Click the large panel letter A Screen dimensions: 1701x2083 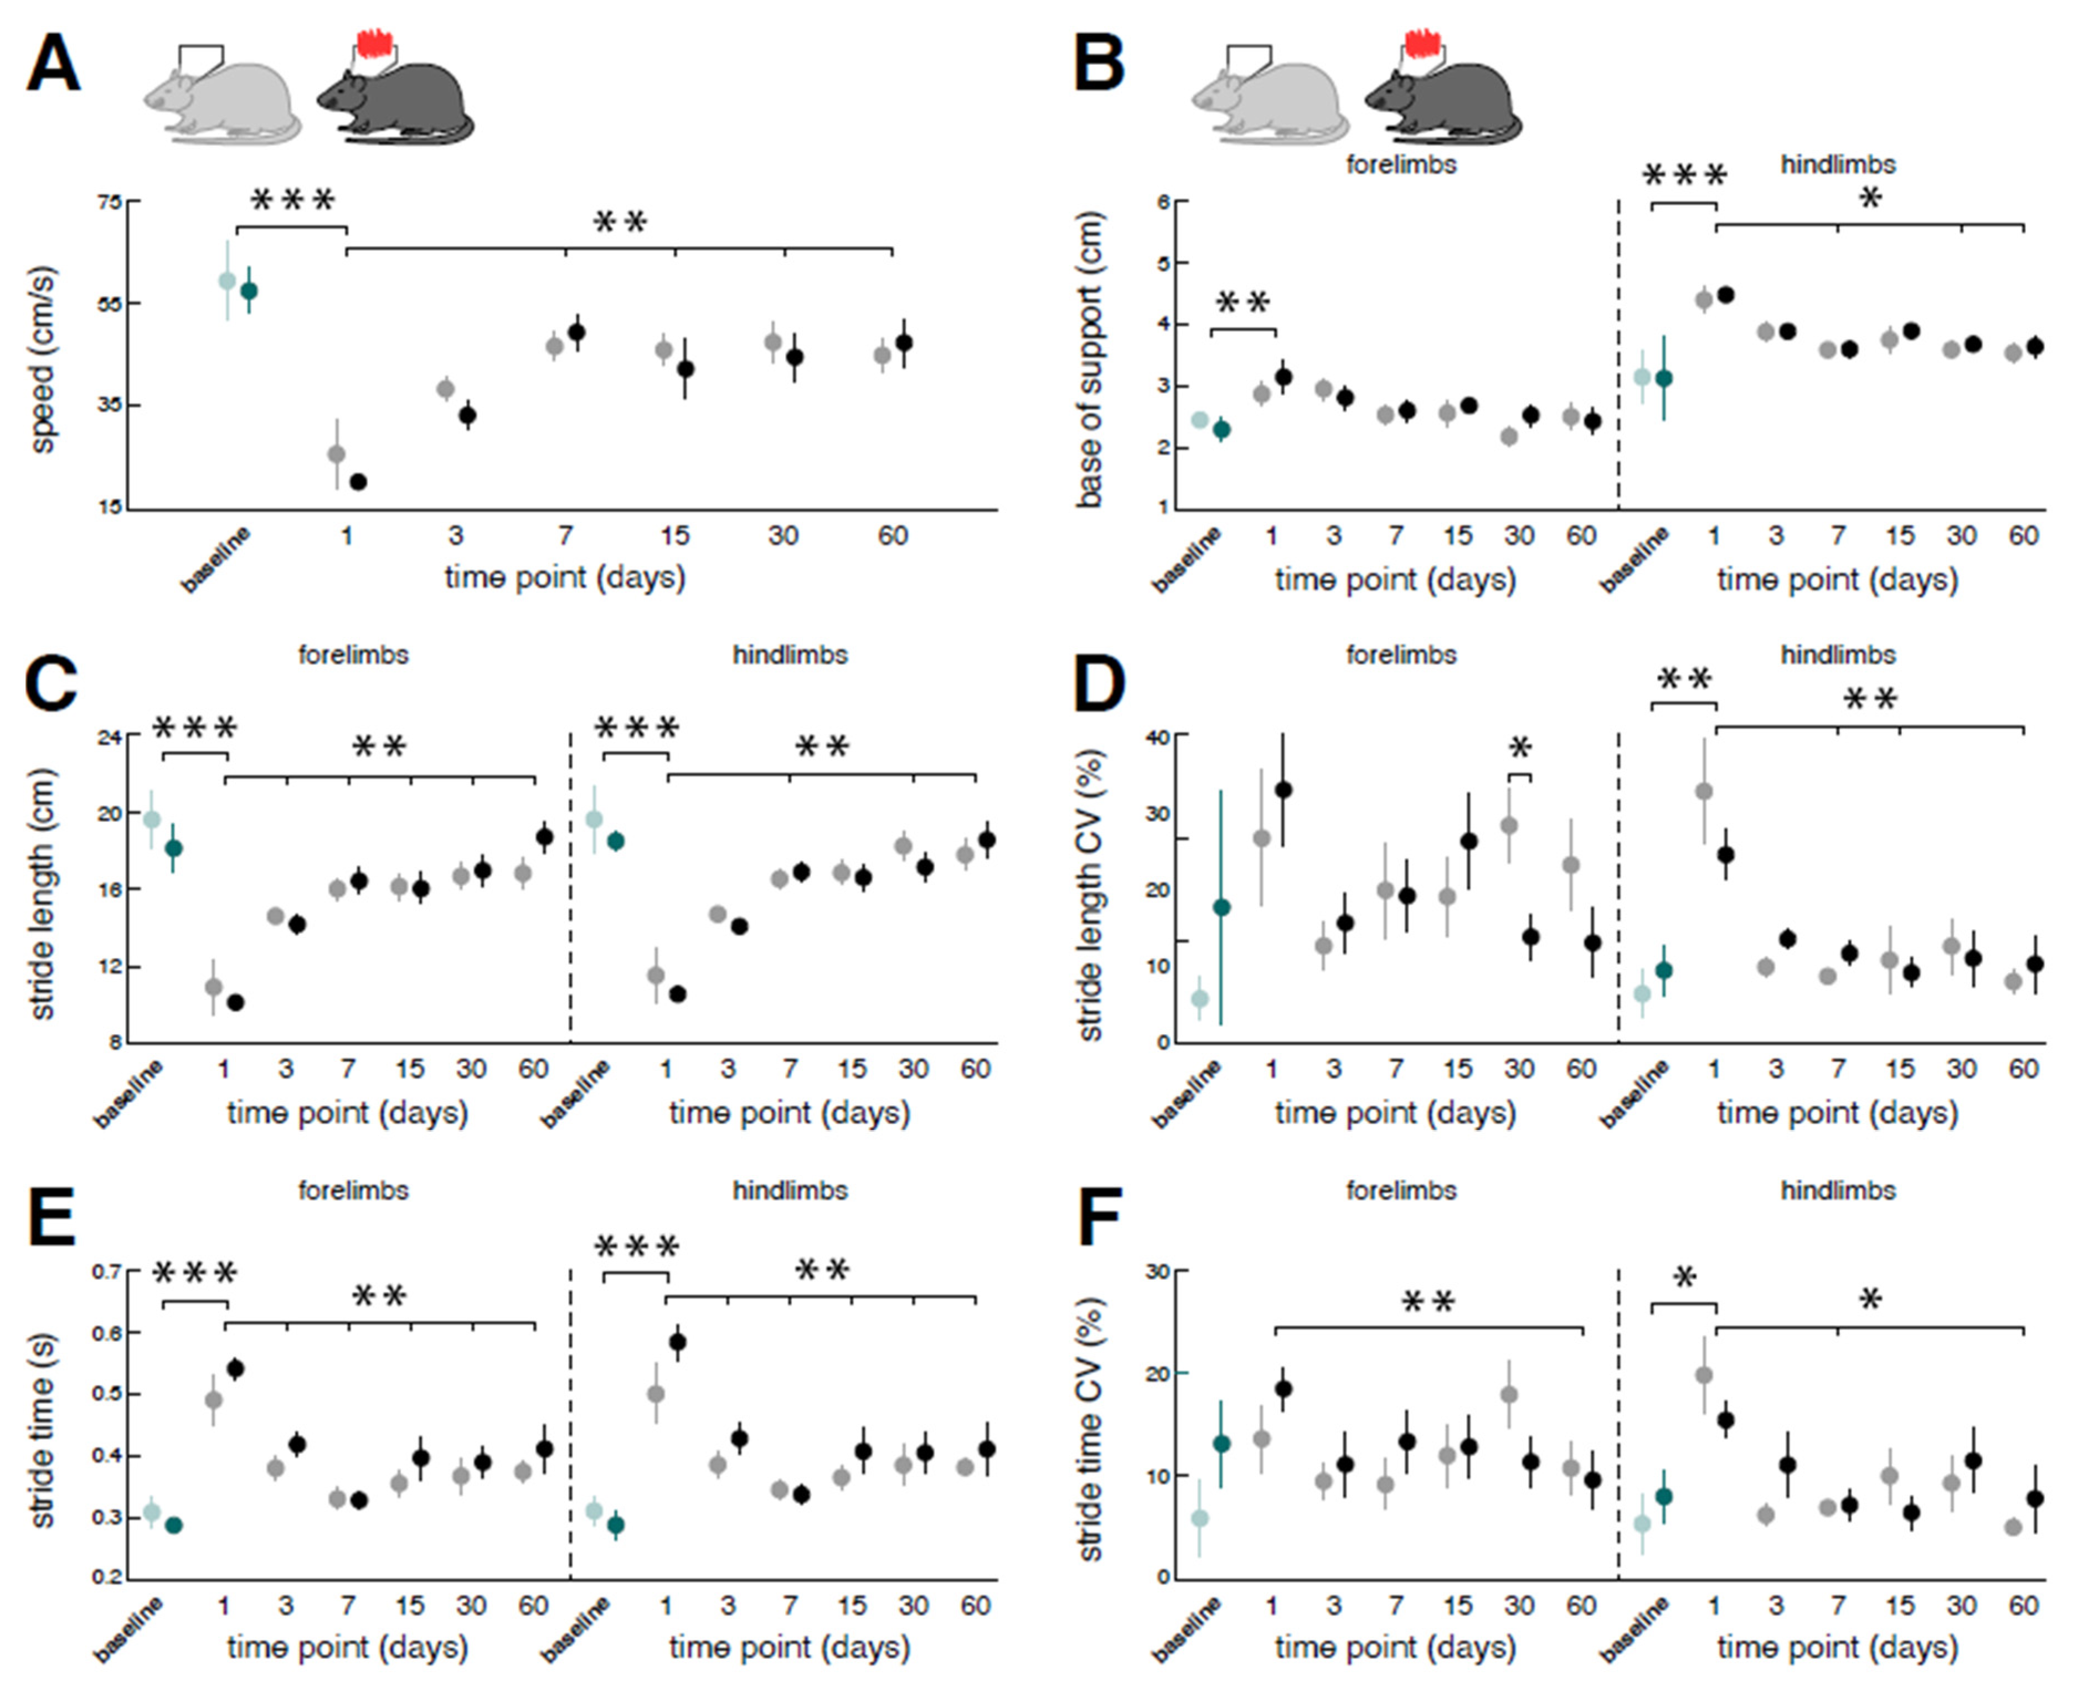click(x=53, y=65)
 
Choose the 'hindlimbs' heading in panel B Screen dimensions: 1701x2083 click(x=1837, y=164)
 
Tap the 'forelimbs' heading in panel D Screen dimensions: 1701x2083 click(x=1400, y=654)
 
